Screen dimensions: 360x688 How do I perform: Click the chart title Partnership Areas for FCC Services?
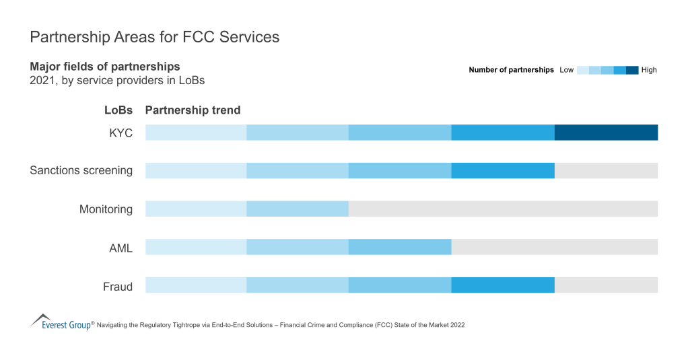[154, 37]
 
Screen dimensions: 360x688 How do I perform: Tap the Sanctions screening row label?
[81, 171]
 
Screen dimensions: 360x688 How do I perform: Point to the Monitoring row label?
[106, 209]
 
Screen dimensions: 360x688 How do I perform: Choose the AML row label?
[121, 248]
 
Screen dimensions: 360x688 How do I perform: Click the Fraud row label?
[117, 286]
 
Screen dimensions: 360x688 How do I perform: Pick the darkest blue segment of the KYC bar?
[606, 133]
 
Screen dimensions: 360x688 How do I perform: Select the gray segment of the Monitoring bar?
[503, 209]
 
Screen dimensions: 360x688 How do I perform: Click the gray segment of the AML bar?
[554, 247]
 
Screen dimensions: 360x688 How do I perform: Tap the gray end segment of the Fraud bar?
[606, 285]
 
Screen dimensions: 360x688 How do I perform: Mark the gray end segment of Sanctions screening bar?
[606, 170]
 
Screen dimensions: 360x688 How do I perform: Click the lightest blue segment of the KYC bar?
[196, 133]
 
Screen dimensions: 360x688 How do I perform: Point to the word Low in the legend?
[566, 70]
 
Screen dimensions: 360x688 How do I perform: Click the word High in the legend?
[649, 70]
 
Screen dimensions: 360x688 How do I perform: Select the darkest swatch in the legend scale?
[632, 70]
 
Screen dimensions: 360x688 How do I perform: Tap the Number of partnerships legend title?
[511, 70]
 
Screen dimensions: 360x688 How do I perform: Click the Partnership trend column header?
[193, 110]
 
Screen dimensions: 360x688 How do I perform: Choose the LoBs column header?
[118, 110]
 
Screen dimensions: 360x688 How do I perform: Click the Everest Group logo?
[61, 322]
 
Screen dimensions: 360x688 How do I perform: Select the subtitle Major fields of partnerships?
[104, 67]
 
